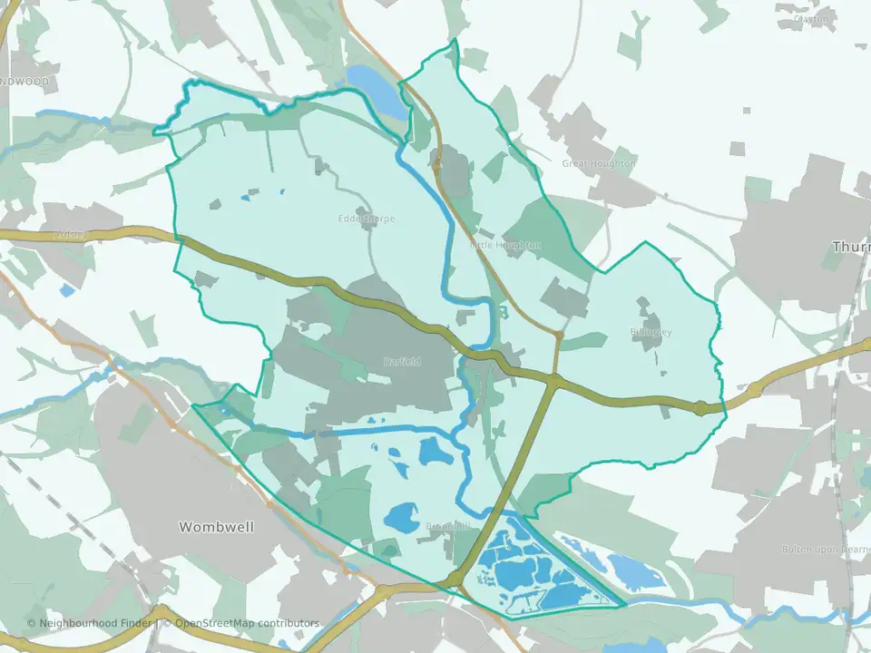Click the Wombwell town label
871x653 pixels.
(x=217, y=526)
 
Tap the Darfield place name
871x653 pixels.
(x=401, y=361)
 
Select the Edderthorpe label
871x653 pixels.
(x=366, y=219)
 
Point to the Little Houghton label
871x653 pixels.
(x=505, y=245)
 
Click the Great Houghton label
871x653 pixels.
(x=598, y=163)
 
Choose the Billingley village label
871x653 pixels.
(x=651, y=332)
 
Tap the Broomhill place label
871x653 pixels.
(x=448, y=526)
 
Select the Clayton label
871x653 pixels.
(x=811, y=17)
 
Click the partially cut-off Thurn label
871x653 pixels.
(x=852, y=247)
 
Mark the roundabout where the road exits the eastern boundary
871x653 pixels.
(x=701, y=409)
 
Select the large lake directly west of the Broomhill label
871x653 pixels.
(x=400, y=518)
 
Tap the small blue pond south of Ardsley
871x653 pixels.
(x=67, y=291)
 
